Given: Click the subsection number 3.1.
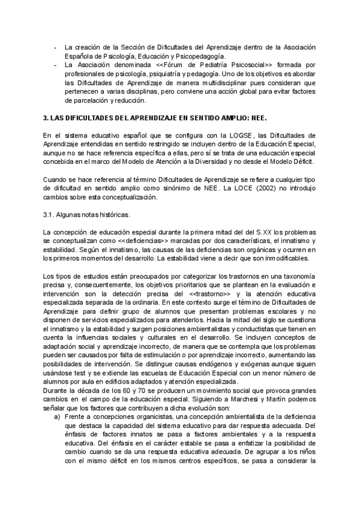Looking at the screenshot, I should point(50,214).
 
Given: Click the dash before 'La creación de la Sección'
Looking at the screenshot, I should point(55,47).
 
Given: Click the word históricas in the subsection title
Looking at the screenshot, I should point(101,214).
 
